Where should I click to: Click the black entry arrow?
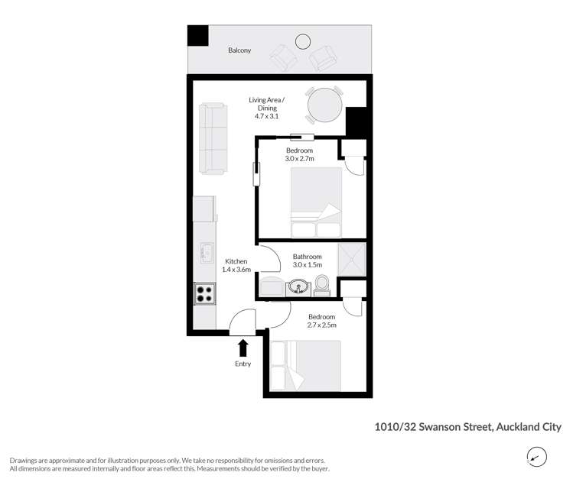243,348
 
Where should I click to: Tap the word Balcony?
239,50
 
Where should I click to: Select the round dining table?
324,105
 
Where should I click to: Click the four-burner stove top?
204,294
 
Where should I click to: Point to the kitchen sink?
207,253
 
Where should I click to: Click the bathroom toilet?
321,285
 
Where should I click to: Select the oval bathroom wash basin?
298,286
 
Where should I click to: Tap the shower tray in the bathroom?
352,260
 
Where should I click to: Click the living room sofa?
213,138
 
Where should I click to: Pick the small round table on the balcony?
303,41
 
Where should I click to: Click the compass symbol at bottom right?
536,457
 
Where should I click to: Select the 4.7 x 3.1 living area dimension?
266,116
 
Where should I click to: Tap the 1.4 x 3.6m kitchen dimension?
236,270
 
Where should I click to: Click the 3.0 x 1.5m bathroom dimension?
308,265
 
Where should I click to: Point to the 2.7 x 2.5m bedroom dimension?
321,325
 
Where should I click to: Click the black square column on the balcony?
198,35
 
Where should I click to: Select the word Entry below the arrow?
243,364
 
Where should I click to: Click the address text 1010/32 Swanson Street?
434,427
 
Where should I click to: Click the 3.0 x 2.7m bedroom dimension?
299,159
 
